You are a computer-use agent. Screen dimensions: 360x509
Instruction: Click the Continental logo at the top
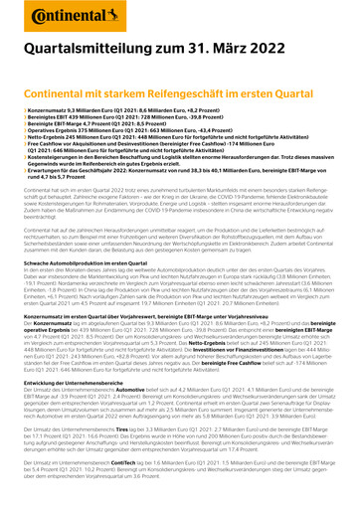click(59, 16)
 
